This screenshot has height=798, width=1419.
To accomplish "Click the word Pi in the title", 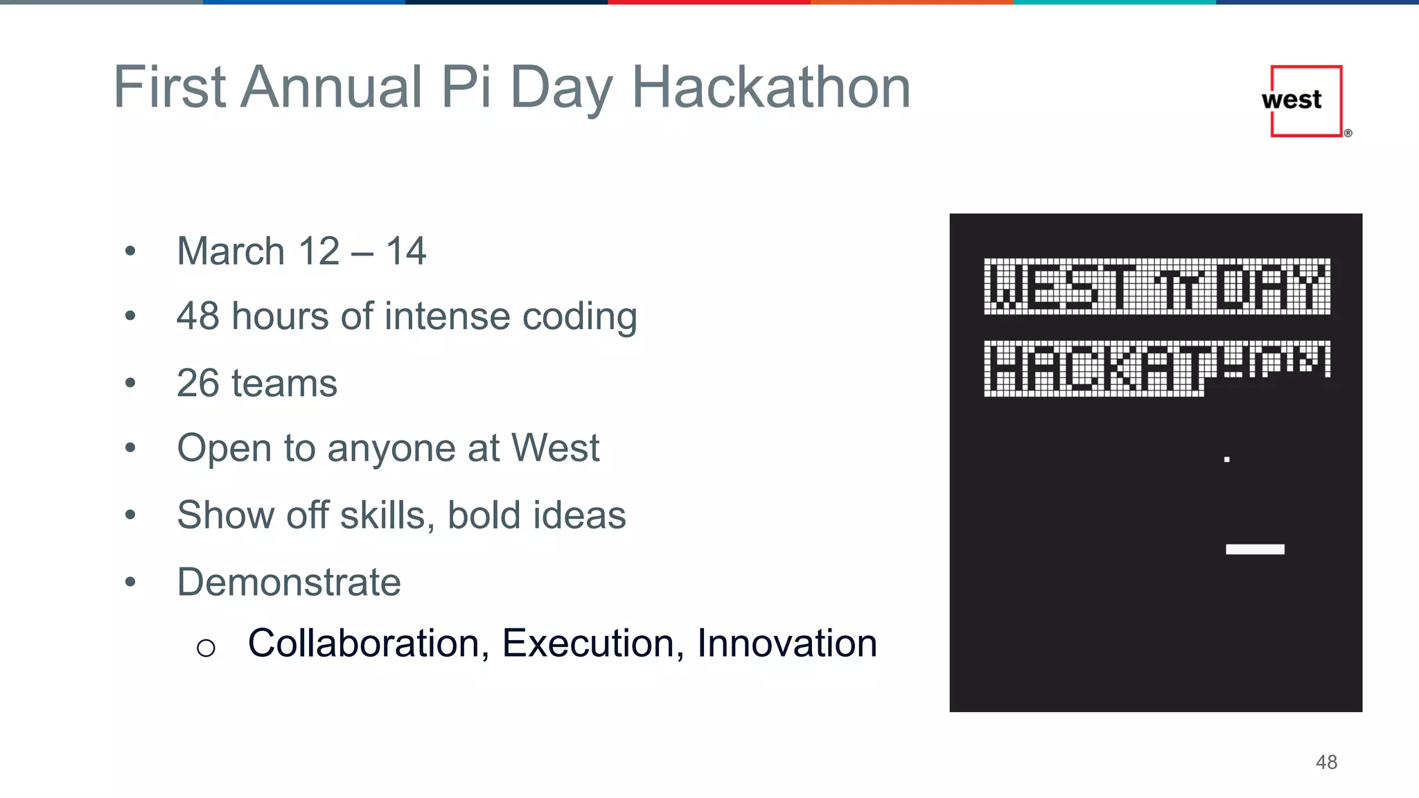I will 466,87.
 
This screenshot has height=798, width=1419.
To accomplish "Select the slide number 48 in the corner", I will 1326,762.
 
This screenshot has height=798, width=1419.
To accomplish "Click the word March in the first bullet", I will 231,251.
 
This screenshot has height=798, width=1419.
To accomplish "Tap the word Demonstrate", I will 288,582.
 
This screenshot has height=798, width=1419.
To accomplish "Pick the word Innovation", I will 786,643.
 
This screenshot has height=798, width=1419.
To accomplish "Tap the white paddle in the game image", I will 1255,549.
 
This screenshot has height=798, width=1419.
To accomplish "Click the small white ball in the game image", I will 1226,459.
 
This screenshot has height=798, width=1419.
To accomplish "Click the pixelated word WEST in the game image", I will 1061,286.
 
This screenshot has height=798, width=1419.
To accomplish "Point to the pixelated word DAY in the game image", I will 1272,286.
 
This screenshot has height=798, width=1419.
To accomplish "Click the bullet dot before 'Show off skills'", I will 130,515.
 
